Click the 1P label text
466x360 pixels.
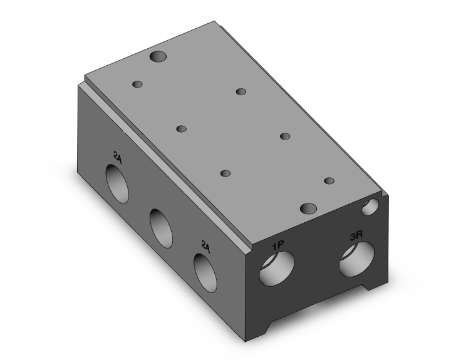pyautogui.click(x=279, y=245)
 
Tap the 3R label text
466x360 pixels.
pyautogui.click(x=356, y=227)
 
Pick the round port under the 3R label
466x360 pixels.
pyautogui.click(x=356, y=259)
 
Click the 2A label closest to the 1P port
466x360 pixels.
pyautogui.click(x=205, y=247)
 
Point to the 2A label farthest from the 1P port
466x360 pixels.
pyautogui.click(x=118, y=157)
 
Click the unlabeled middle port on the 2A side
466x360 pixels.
pyautogui.click(x=161, y=228)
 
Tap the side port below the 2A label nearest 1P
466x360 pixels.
pyautogui.click(x=205, y=273)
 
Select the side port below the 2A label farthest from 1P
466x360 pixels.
pyautogui.click(x=117, y=183)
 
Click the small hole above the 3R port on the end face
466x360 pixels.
pyautogui.click(x=370, y=207)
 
